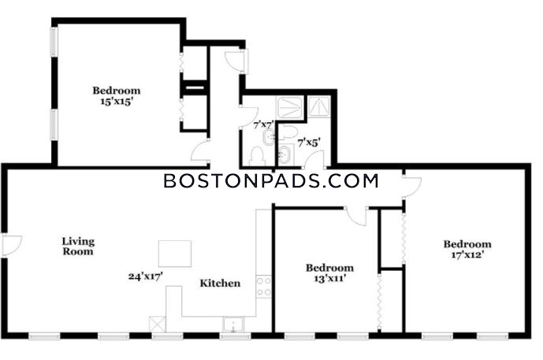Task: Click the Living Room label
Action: (78, 247)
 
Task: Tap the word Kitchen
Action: (219, 284)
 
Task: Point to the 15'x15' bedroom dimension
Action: (111, 102)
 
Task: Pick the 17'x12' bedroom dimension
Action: (467, 255)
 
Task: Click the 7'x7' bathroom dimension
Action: (263, 124)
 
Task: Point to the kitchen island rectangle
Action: (174, 254)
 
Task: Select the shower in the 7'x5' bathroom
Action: (320, 106)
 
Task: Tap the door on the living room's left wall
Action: (9, 246)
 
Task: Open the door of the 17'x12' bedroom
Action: (411, 186)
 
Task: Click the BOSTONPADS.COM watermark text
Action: (270, 181)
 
